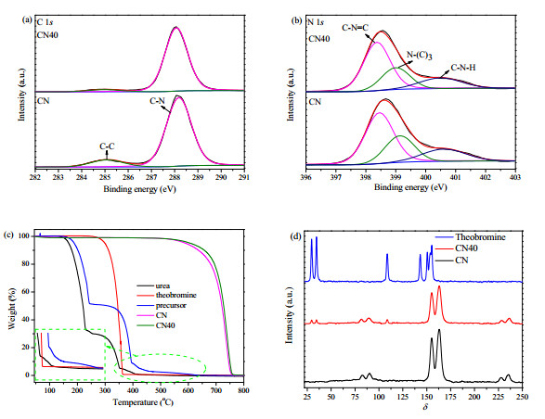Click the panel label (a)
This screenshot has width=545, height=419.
click(x=27, y=20)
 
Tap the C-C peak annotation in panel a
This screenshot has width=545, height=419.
click(x=107, y=146)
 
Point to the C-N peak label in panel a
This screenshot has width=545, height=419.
click(x=157, y=101)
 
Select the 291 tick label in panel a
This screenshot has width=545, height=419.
click(x=244, y=177)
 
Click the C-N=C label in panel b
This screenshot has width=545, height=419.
click(x=355, y=28)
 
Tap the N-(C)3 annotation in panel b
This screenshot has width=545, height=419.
click(x=419, y=56)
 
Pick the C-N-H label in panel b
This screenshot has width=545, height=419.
click(x=463, y=68)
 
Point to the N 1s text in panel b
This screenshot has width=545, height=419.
click(x=316, y=22)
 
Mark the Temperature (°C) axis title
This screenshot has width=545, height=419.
click(x=143, y=402)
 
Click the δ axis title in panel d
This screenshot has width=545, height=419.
click(x=425, y=407)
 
